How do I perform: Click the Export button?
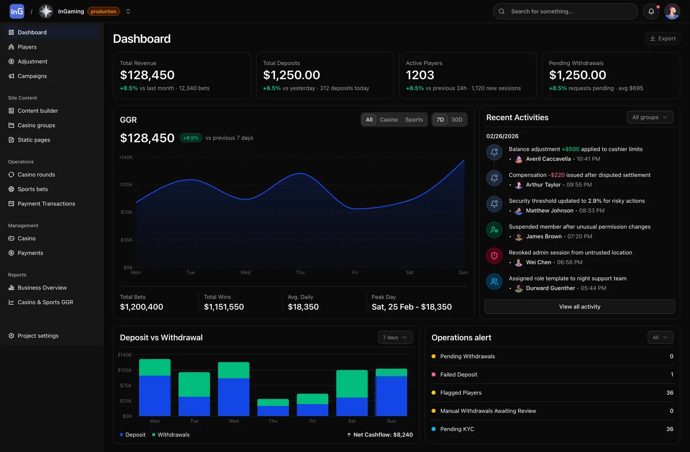tap(662, 38)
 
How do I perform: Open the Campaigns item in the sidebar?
tap(32, 76)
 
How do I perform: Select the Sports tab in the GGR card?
tap(414, 119)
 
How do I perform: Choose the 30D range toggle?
tap(457, 119)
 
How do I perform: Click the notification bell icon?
tap(651, 12)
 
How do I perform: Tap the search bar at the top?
tap(565, 12)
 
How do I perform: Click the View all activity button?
tap(579, 307)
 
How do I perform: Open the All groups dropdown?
tap(650, 117)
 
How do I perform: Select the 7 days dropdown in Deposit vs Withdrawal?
tap(395, 337)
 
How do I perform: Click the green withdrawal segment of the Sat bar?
tap(352, 384)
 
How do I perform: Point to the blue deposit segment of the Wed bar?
tap(233, 397)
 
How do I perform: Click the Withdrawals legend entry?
tap(173, 435)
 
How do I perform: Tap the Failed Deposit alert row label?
tap(459, 375)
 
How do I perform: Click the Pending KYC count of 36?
tap(669, 429)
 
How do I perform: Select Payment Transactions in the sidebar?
tap(46, 203)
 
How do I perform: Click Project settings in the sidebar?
tap(38, 336)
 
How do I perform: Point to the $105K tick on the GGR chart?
tap(126, 185)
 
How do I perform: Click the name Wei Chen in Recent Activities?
tap(538, 262)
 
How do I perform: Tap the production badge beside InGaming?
tap(103, 12)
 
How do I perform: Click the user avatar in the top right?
tap(672, 12)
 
